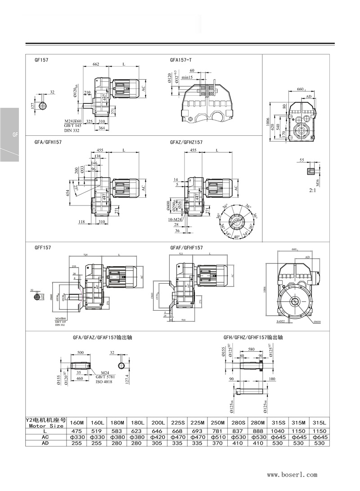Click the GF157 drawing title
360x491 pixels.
click(41, 59)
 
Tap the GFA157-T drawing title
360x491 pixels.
click(181, 59)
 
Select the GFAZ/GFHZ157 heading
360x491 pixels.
click(186, 142)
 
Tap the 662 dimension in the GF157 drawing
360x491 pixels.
click(96, 65)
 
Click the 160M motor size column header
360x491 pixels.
click(76, 423)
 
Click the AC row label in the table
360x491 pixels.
click(45, 437)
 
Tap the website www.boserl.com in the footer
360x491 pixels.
click(292, 474)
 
